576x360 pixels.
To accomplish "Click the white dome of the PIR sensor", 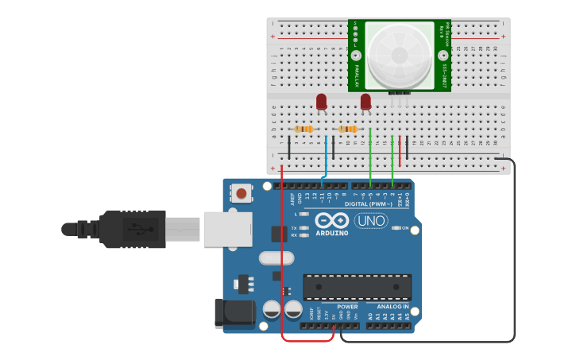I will [399, 54].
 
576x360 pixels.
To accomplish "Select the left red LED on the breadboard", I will [321, 102].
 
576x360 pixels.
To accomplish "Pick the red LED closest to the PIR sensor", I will [365, 102].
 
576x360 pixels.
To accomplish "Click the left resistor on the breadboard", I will [303, 130].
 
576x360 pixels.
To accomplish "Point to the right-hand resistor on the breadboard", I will [347, 130].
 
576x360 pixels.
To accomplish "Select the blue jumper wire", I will [326, 155].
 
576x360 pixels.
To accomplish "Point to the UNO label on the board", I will [370, 220].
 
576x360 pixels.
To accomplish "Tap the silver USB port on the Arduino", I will [227, 229].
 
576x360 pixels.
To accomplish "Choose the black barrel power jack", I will [234, 313].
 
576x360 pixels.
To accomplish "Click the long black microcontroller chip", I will [358, 287].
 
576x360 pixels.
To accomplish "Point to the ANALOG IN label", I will [392, 307].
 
